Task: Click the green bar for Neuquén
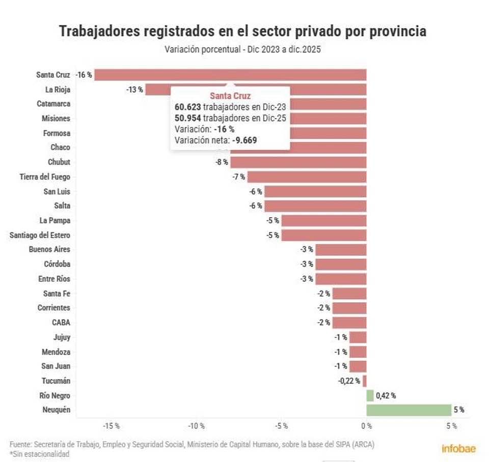[409, 410]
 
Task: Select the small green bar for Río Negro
[370, 395]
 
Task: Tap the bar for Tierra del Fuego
[307, 177]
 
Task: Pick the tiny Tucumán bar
[365, 381]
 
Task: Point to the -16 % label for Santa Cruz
[84, 75]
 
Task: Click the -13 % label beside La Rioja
[135, 90]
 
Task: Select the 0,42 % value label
[386, 395]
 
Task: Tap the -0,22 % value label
[349, 381]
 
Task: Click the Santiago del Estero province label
[40, 235]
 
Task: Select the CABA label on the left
[61, 322]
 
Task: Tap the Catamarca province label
[53, 104]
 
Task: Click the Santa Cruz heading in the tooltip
[230, 96]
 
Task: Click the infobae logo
[458, 448]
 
